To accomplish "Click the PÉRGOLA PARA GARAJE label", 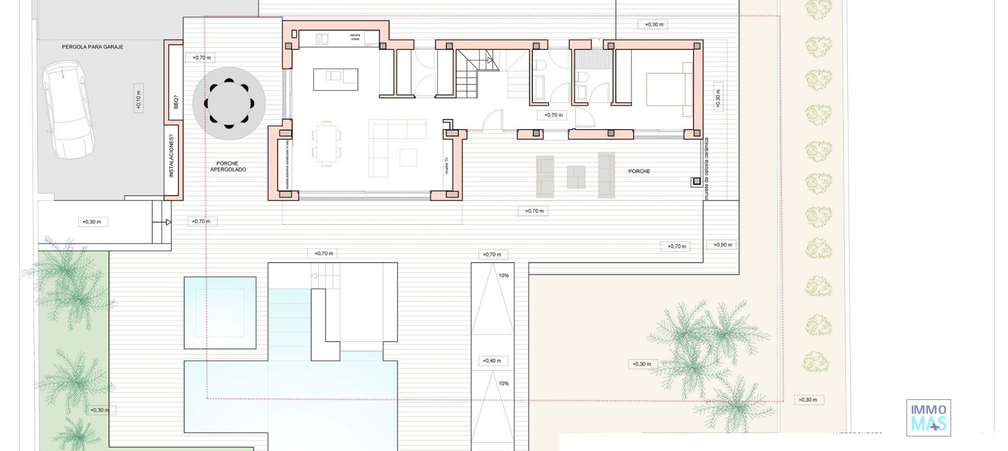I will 92,47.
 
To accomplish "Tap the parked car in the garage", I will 69,110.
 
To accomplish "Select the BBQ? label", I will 175,102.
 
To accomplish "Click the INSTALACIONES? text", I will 171,156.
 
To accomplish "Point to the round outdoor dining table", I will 229,103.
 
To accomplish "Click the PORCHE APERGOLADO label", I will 228,166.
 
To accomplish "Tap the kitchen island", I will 335,79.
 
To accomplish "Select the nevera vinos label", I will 355,37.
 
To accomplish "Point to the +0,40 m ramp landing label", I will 492,361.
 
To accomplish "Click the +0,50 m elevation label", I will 722,245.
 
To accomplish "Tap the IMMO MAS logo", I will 928,417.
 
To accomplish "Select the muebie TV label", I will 447,165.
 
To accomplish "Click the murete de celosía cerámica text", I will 707,169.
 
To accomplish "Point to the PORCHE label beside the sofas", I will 639,171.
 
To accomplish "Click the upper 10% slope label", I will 503,276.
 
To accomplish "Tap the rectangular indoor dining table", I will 326,143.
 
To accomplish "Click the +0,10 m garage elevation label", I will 138,98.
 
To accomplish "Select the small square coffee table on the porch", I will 576,177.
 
